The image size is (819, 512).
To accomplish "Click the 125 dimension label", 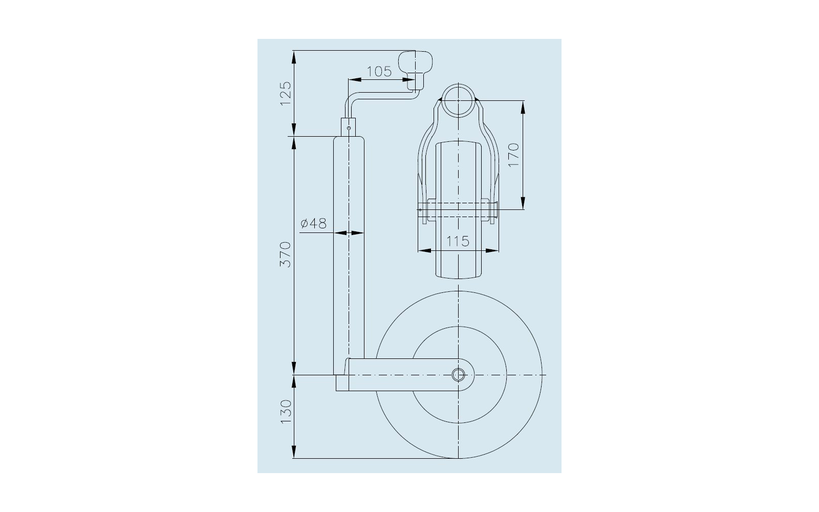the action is (x=286, y=94).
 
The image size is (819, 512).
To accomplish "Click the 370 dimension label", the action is (x=286, y=254).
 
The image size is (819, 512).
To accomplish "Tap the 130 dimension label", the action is (x=286, y=412).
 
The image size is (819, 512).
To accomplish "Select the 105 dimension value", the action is (x=379, y=71).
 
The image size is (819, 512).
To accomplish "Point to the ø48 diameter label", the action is (x=313, y=223).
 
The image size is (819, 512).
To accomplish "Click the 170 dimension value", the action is (x=514, y=155).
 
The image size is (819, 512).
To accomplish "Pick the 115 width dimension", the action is (x=458, y=241).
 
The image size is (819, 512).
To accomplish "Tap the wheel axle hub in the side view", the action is (x=458, y=375).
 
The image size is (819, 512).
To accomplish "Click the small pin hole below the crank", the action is (x=349, y=128).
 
